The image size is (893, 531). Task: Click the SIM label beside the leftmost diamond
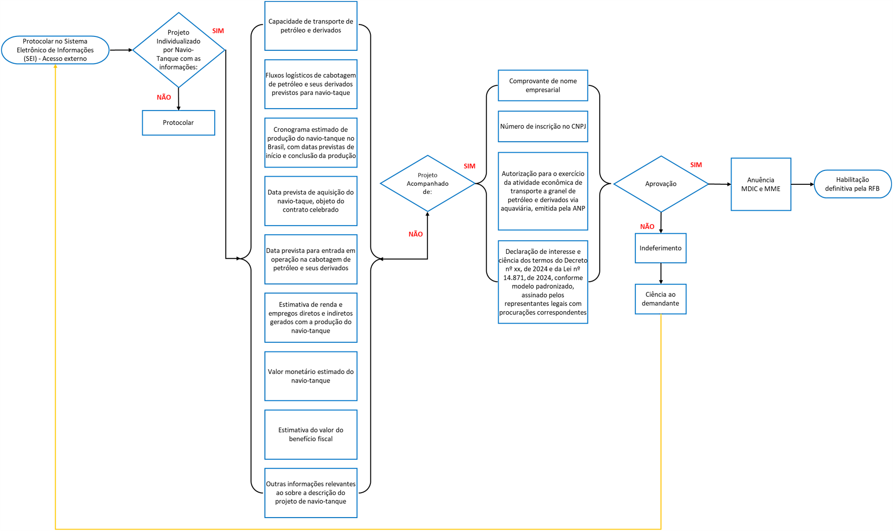click(x=218, y=31)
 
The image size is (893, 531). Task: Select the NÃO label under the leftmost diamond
click(x=164, y=98)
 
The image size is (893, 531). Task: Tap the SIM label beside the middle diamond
click(x=469, y=166)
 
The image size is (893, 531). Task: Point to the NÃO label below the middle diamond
click(x=415, y=234)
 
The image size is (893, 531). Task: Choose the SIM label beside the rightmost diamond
click(x=696, y=165)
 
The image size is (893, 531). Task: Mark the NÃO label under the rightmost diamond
click(x=647, y=227)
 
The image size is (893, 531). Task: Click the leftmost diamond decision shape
click(x=179, y=50)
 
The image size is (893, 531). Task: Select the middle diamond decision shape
click(x=427, y=183)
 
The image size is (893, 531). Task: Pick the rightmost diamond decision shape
click(x=661, y=184)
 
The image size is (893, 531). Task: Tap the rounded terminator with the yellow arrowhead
click(x=56, y=50)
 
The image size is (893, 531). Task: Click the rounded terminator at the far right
click(x=852, y=184)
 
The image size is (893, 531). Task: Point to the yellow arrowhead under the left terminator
click(x=56, y=67)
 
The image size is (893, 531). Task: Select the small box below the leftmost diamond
click(x=179, y=123)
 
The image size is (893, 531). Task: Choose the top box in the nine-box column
click(x=311, y=26)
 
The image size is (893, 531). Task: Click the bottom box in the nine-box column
click(x=311, y=493)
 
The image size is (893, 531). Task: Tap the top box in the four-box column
click(x=543, y=85)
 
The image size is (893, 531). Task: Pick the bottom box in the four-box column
click(x=543, y=282)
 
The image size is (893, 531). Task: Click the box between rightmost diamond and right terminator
click(x=761, y=184)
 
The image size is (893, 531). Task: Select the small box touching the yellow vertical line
click(x=661, y=299)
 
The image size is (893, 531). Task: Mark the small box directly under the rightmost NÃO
click(x=661, y=248)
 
